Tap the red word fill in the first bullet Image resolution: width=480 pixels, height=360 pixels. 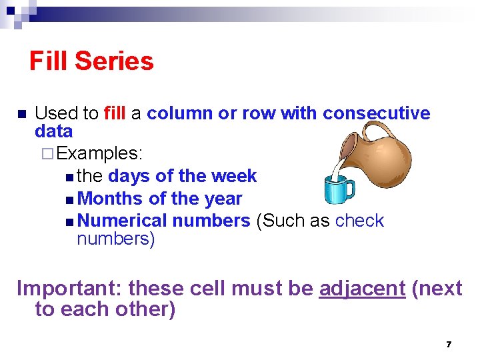pos(115,113)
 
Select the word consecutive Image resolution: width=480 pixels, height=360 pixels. pos(377,113)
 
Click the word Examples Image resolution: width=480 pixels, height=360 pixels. pos(100,153)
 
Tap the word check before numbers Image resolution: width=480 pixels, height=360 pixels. pos(360,221)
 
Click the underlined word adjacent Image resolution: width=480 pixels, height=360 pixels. pos(362,288)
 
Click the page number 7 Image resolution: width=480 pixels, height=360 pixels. pos(449,344)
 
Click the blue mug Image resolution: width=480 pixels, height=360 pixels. pos(338,190)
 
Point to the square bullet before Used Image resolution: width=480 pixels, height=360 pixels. pos(21,114)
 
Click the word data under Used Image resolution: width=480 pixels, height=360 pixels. pos(53,131)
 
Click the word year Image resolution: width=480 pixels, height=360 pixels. pos(224,199)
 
